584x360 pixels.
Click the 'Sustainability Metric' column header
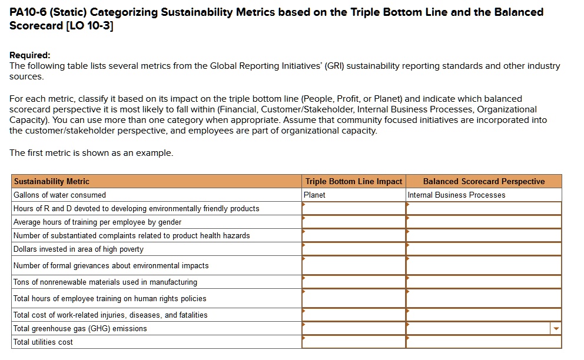tap(52, 181)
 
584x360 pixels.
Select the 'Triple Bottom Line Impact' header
tap(353, 181)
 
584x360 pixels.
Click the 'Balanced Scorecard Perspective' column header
tap(483, 181)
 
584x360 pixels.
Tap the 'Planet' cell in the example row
tap(314, 195)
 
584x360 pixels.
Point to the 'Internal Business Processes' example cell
tap(456, 195)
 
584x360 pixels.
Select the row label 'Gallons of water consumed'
tap(59, 195)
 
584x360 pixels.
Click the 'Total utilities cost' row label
tap(43, 342)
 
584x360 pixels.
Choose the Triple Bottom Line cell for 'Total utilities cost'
tap(353, 342)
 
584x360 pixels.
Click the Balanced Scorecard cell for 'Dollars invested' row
tap(483, 249)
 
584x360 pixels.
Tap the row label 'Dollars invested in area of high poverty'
tap(78, 249)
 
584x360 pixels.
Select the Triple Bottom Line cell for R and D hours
tap(353, 208)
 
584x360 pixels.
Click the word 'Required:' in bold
tap(30, 55)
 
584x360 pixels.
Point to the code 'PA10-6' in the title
tap(28, 12)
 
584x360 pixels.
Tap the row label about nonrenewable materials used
tap(105, 282)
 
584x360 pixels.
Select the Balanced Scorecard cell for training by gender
tap(483, 222)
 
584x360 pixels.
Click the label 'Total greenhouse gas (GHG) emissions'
tap(80, 328)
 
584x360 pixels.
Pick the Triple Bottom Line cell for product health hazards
tap(353, 235)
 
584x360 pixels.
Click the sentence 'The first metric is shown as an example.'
tap(91, 153)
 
